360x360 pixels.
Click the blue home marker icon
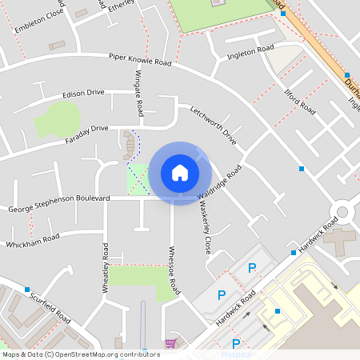coord(180,172)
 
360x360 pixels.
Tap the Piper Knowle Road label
coord(140,59)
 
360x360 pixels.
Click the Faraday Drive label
coord(86,128)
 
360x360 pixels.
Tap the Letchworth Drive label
coord(214,125)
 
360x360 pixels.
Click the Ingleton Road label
coord(251,51)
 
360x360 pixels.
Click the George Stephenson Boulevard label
coord(58,209)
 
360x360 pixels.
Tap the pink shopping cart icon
coord(170,343)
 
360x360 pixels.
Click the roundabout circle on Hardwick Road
coord(342,212)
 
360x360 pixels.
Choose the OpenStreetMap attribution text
coord(81,354)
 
